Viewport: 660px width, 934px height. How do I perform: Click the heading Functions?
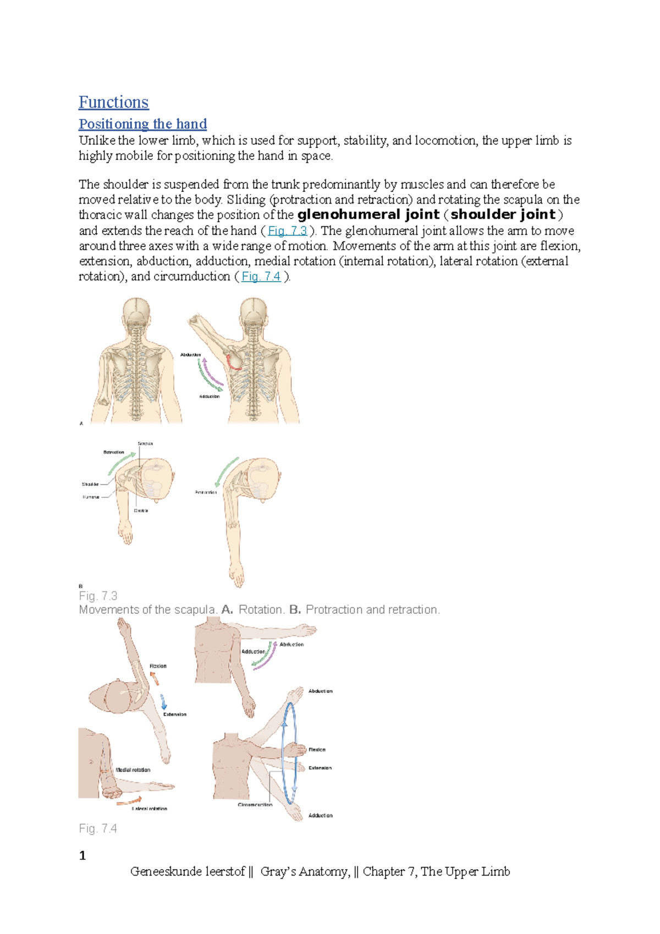113,102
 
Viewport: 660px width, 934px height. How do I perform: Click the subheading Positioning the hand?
142,124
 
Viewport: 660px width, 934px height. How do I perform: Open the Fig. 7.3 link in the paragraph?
287,230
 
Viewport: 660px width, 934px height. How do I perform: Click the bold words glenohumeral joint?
368,215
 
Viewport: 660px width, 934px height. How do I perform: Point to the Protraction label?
206,492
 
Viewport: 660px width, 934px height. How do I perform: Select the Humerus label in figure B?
91,497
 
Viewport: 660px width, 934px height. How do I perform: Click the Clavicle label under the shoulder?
141,510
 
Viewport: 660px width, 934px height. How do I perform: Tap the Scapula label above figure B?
145,443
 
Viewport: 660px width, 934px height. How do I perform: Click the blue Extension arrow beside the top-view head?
163,701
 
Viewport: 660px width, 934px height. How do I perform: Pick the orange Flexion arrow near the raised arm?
155,678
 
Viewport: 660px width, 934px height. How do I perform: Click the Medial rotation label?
133,770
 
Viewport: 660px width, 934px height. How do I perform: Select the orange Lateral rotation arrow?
130,801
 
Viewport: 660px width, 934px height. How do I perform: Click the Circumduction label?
255,805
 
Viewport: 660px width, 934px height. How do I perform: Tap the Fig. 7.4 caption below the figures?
98,828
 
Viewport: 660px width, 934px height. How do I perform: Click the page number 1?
82,855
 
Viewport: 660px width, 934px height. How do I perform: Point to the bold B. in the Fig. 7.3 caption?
295,610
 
